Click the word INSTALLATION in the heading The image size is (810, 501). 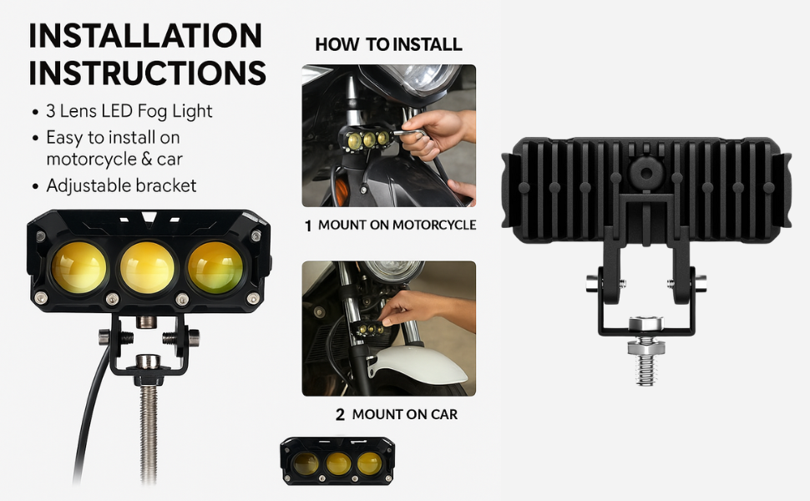[145, 36]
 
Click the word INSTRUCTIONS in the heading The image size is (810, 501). [148, 73]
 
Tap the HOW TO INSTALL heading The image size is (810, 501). [388, 44]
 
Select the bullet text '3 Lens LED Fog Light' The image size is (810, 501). [129, 111]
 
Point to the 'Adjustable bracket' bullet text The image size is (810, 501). [121, 185]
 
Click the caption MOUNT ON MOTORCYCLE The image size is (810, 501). [397, 225]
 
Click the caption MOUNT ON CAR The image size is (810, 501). [404, 414]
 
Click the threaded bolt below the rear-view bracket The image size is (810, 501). [645, 363]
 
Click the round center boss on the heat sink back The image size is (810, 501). [645, 173]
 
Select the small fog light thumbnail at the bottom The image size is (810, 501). [337, 461]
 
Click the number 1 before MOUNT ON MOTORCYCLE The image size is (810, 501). [307, 225]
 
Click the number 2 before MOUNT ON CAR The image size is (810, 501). [340, 414]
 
